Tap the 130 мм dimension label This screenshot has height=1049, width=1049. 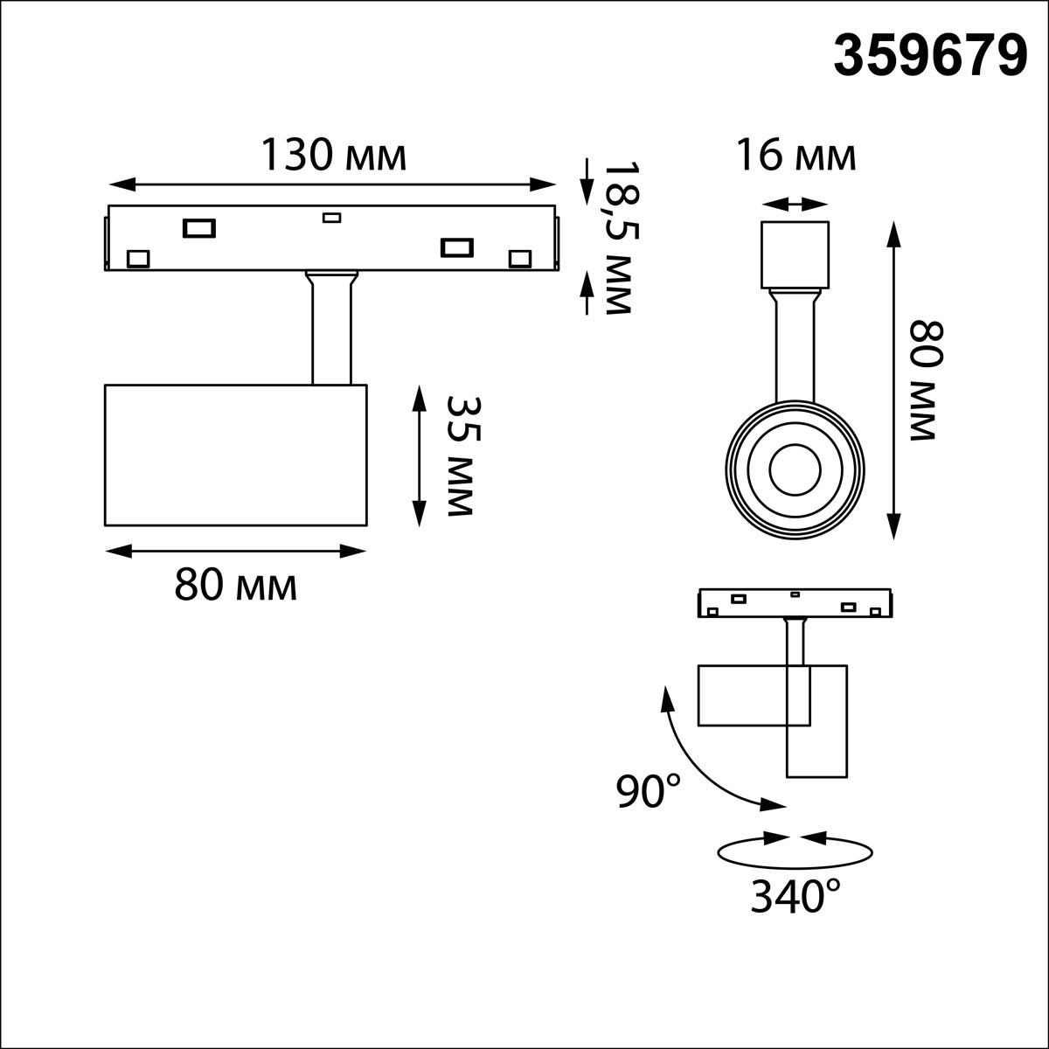click(x=334, y=155)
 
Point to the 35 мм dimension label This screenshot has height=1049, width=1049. click(x=464, y=455)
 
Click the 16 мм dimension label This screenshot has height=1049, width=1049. click(x=795, y=155)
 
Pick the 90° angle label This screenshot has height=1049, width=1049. click(x=649, y=791)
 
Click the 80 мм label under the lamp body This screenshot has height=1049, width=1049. click(x=236, y=585)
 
